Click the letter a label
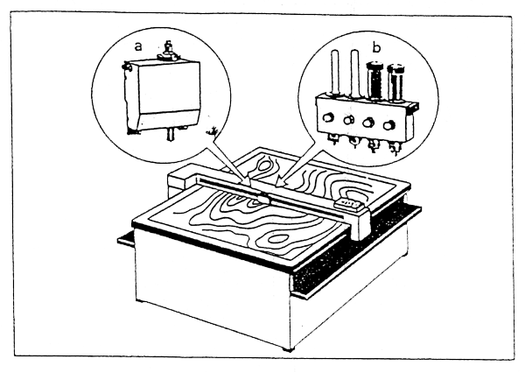coord(138,46)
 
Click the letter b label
coord(376,48)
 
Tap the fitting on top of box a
coord(168,52)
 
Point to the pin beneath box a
coord(170,134)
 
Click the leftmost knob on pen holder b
coord(328,117)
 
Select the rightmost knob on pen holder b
coord(389,125)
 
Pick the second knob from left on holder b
coord(349,120)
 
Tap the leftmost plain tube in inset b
coord(335,72)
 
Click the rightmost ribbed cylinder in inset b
coord(396,82)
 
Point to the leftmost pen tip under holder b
coord(332,138)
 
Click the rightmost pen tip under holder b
coord(395,147)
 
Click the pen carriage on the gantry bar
coord(263,199)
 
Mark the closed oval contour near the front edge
coord(278,239)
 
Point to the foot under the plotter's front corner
coord(288,349)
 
